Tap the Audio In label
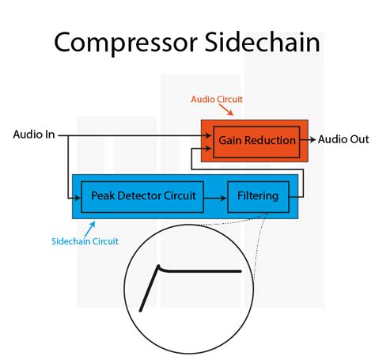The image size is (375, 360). pos(34,135)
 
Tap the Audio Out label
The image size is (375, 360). pos(343,140)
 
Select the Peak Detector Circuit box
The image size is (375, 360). pos(143,195)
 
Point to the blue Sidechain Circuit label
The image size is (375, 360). pos(85,241)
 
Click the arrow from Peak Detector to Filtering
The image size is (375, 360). pos(216,195)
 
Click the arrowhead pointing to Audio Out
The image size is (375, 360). pos(312,140)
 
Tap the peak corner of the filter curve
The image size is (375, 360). pos(159,267)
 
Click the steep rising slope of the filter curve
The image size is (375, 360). pos(149,290)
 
